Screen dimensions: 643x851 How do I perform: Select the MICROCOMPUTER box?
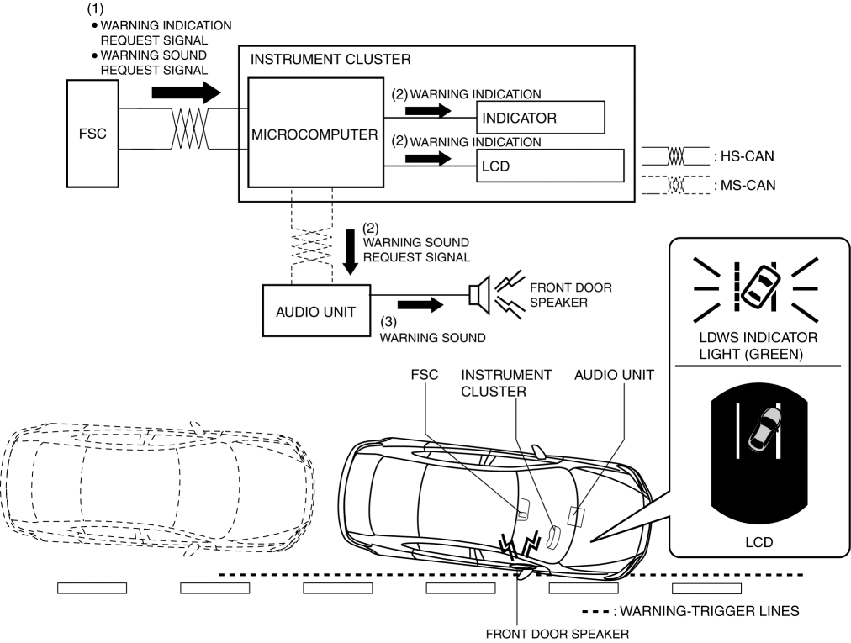coord(313,134)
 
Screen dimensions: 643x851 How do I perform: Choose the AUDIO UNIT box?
coord(309,310)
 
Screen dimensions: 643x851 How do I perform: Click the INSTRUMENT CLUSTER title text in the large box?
coord(330,61)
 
